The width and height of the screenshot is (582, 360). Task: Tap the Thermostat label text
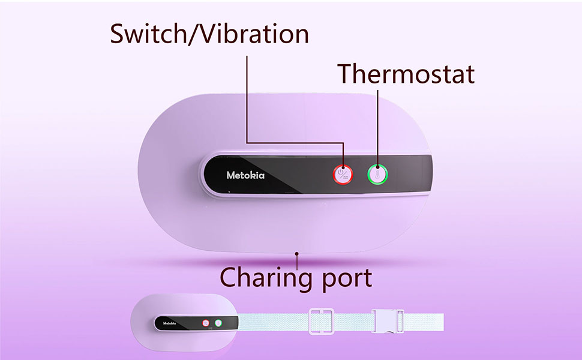(x=406, y=74)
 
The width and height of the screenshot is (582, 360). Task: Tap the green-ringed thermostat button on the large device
(x=379, y=175)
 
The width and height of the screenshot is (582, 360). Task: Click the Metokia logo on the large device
(x=245, y=176)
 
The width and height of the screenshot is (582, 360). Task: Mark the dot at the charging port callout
(x=296, y=254)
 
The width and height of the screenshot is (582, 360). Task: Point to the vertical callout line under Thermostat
(x=378, y=120)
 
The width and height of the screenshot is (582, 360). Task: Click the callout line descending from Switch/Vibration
(x=247, y=96)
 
